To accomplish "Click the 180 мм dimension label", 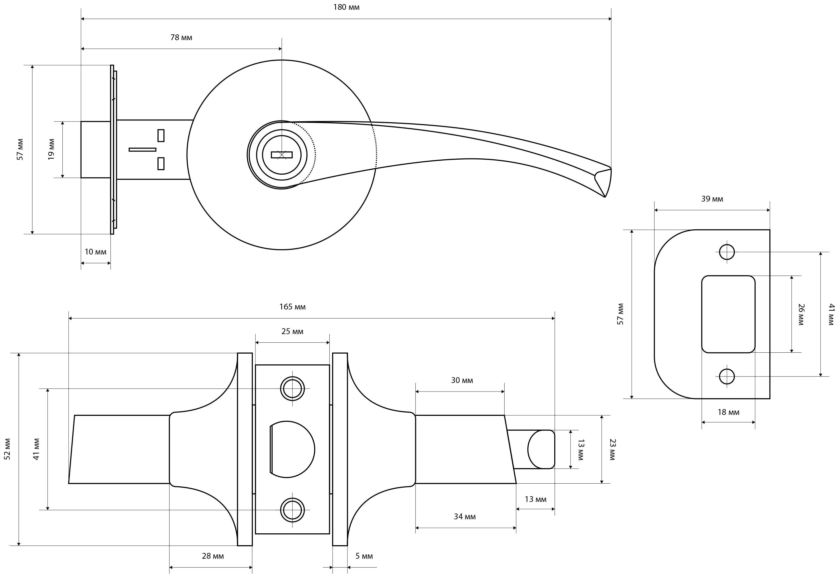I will pyautogui.click(x=346, y=7).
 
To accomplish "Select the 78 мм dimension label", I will pyautogui.click(x=181, y=38).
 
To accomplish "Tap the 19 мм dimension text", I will pyautogui.click(x=51, y=149).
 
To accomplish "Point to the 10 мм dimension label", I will pyautogui.click(x=96, y=252).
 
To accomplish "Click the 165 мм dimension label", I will pyautogui.click(x=293, y=307).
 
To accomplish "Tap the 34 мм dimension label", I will pyautogui.click(x=465, y=517).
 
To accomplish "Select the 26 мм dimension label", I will pyautogui.click(x=801, y=314).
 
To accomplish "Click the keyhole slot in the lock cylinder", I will pyautogui.click(x=282, y=155).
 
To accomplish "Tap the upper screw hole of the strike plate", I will pyautogui.click(x=727, y=252).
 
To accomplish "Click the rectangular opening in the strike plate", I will pyautogui.click(x=728, y=314).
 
